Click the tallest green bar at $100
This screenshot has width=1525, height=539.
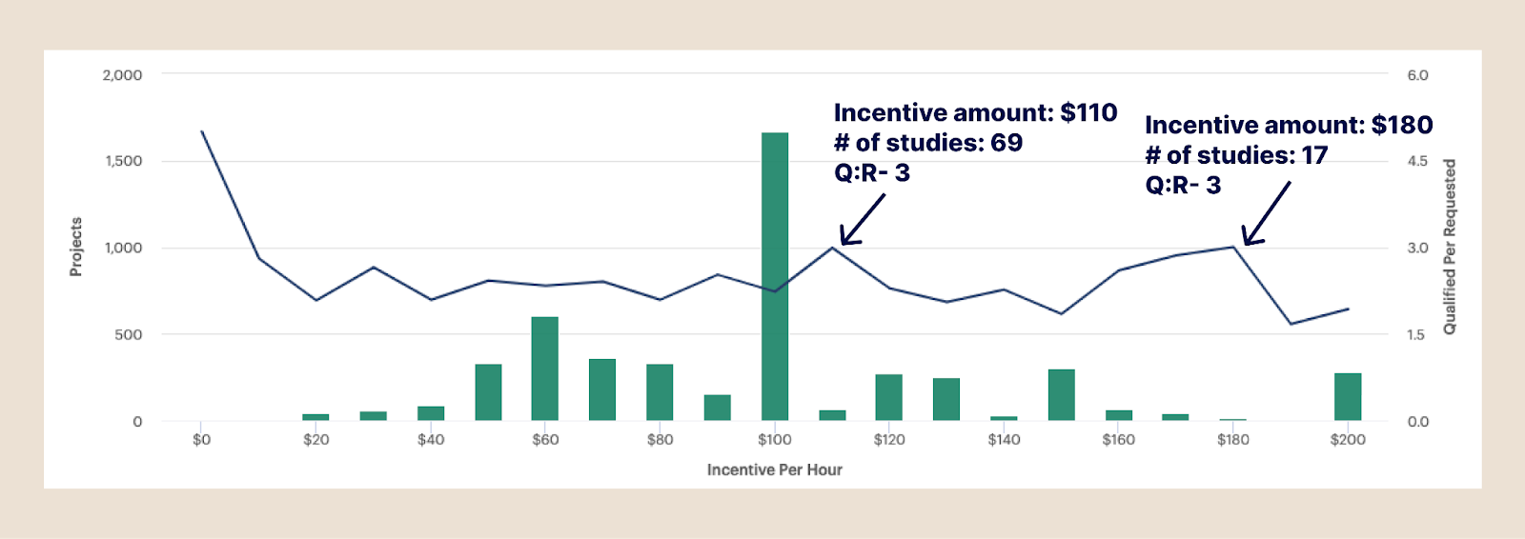click(775, 276)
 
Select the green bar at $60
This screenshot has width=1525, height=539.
click(545, 369)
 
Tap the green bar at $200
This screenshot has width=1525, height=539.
click(1348, 396)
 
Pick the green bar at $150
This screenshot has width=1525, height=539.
click(1061, 394)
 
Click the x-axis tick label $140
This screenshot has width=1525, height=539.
click(1004, 440)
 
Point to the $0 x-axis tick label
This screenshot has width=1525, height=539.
click(201, 440)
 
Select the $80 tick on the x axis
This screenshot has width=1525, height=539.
click(660, 440)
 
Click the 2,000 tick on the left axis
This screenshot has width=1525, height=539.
click(122, 75)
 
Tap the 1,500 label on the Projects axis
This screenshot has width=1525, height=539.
click(124, 161)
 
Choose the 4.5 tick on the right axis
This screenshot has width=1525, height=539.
click(1417, 161)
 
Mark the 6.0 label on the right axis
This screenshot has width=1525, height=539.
click(1417, 75)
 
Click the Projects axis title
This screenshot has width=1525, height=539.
click(76, 247)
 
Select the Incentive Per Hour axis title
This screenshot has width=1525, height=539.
click(774, 469)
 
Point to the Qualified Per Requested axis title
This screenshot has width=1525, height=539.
click(1450, 247)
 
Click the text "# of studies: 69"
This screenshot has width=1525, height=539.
click(927, 143)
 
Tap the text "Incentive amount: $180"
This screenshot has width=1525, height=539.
click(1289, 125)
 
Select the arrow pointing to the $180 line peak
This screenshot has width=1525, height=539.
click(1266, 213)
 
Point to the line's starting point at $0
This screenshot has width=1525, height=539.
click(202, 131)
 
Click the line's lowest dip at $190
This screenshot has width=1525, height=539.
click(1291, 324)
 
